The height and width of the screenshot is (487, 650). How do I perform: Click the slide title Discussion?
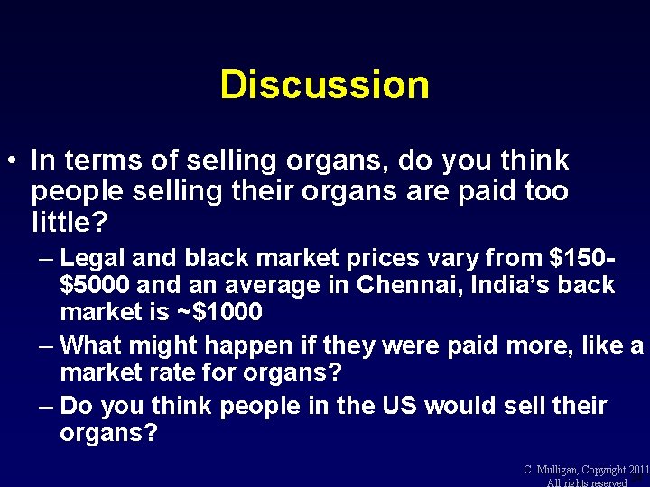pyautogui.click(x=324, y=85)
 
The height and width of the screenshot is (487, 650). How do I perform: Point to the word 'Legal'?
pyautogui.click(x=95, y=258)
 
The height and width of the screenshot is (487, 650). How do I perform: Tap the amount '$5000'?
pyautogui.click(x=95, y=286)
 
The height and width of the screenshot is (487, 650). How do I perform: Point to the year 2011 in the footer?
pyautogui.click(x=636, y=470)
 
